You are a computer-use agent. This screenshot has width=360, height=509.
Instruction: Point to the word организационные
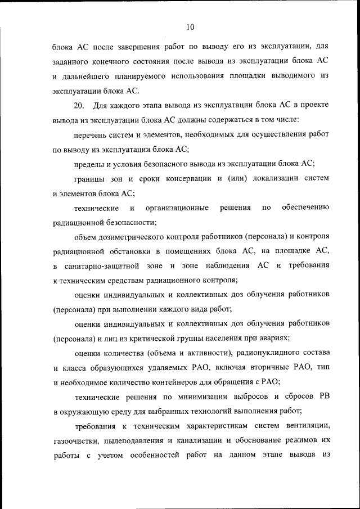[x=179, y=208]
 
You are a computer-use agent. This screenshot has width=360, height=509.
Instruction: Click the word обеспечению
[x=305, y=208]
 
